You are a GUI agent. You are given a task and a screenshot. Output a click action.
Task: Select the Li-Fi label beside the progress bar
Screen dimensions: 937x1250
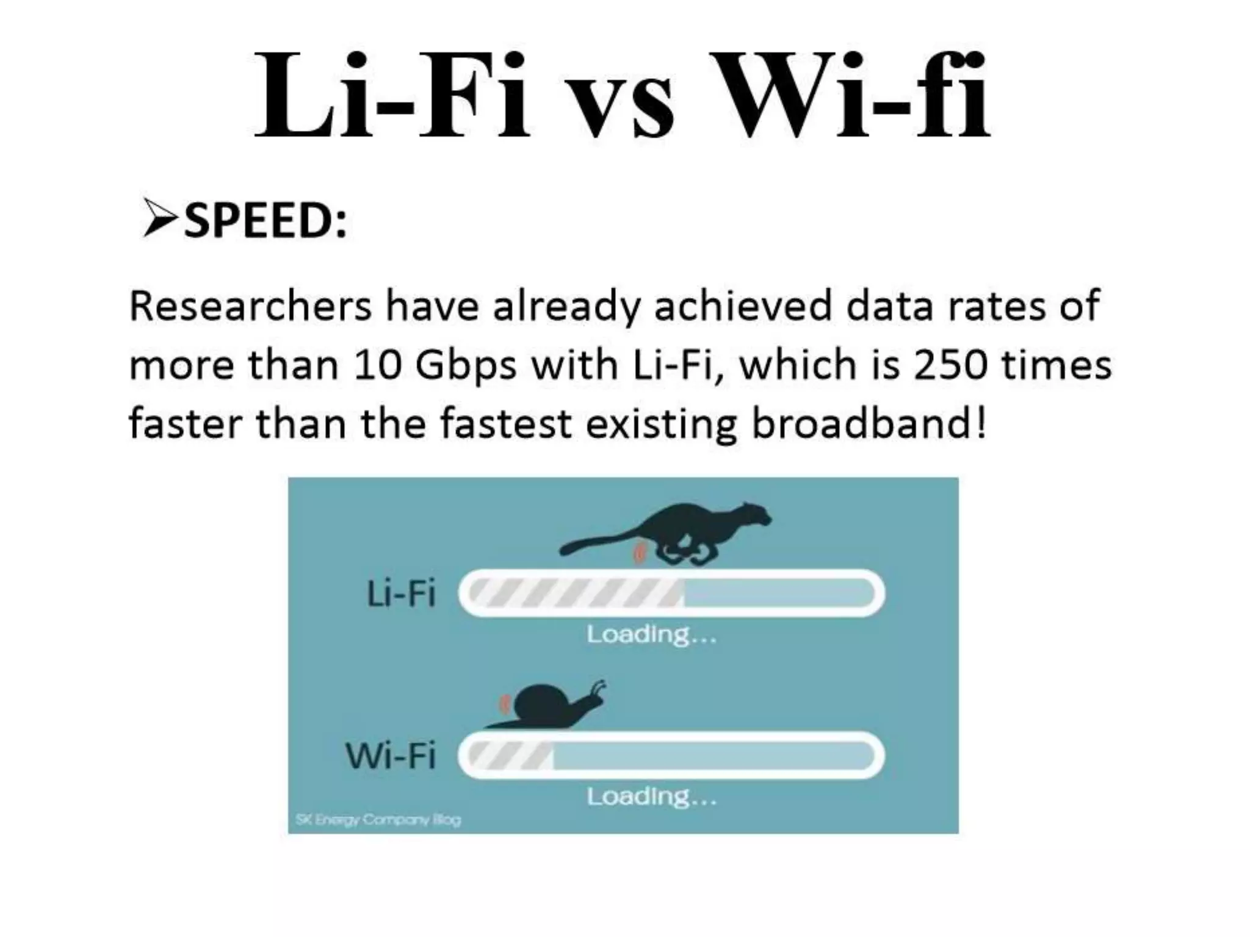401,594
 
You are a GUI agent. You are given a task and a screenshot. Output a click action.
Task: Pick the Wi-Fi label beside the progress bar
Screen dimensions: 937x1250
391,756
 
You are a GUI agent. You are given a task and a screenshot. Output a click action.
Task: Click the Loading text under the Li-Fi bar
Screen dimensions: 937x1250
651,634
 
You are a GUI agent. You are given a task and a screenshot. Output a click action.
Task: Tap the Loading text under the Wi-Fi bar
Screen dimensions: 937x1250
651,796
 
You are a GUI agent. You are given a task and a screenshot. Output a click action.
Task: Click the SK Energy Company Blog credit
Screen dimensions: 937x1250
378,819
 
